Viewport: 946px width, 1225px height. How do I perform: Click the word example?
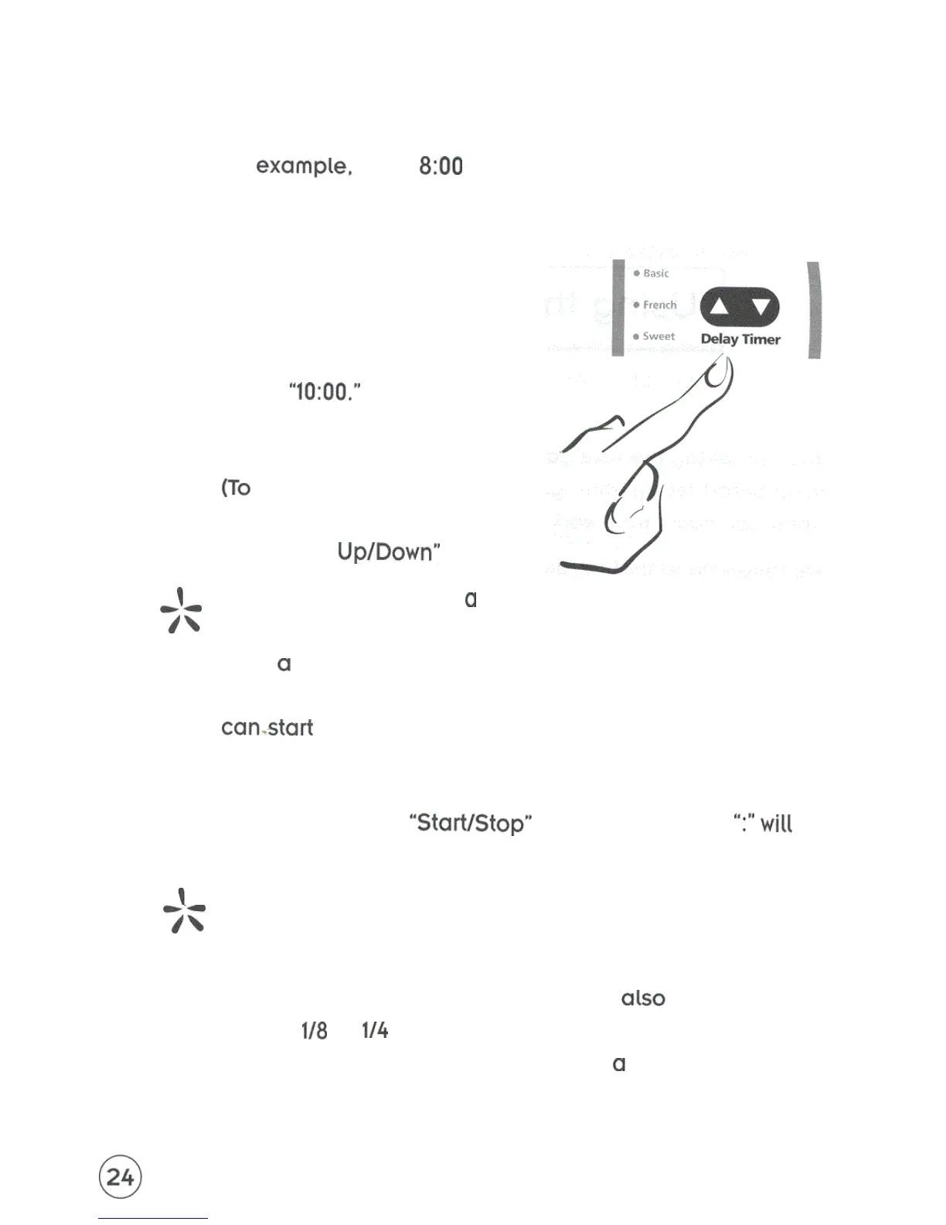304,166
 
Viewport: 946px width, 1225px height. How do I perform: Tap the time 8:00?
441,166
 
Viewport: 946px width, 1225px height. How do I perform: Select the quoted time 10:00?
325,391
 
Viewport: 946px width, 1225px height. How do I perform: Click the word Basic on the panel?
655,273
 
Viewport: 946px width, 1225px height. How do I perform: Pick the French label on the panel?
659,305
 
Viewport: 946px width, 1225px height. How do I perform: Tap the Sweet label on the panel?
658,336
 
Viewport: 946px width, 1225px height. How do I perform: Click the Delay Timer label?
740,339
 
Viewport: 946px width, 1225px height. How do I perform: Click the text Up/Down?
388,551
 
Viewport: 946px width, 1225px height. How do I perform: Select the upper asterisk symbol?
182,610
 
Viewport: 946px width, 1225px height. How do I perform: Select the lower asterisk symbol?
185,910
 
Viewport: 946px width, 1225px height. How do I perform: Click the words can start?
267,728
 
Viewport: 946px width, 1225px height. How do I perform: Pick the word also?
643,998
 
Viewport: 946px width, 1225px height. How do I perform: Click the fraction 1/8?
314,1031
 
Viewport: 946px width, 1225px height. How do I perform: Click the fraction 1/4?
375,1030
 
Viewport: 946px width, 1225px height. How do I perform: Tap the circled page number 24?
121,1176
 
